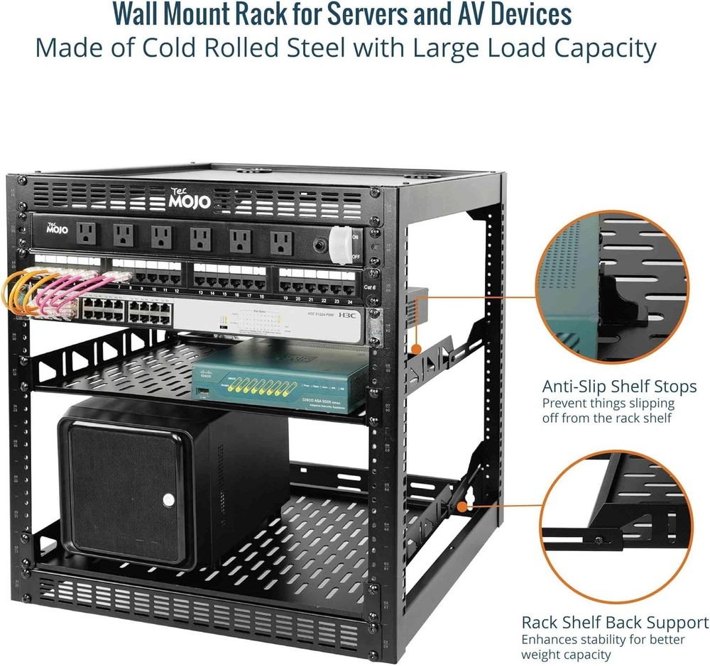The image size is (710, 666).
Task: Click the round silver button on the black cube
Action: point(168,500)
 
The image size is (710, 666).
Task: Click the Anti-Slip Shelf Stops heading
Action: point(619,387)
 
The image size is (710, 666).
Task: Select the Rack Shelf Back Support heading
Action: point(615,622)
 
